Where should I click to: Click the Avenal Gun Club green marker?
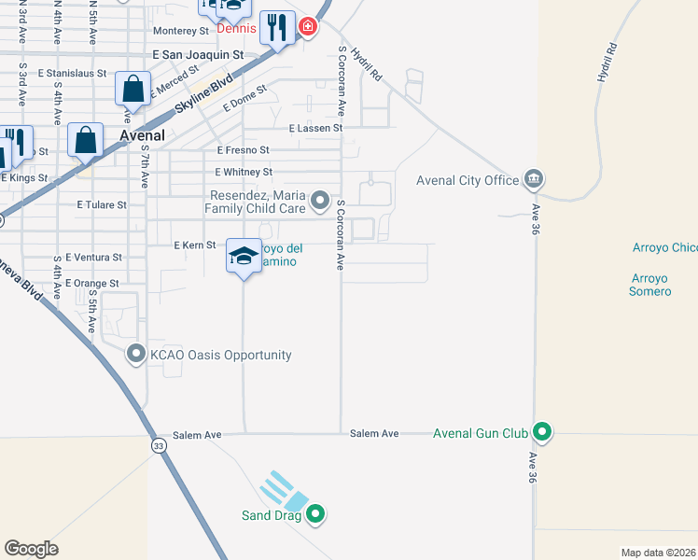coord(541,432)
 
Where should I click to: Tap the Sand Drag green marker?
coord(315,513)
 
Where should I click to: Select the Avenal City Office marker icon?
coord(533,179)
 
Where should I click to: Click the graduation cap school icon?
coord(243,258)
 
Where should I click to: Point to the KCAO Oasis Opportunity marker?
coord(136,354)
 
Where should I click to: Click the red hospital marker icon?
coord(308,26)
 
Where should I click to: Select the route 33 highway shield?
coord(160,447)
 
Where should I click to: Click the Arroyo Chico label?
coord(664,247)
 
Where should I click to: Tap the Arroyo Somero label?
coord(650,285)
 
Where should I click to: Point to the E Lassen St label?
coord(316,128)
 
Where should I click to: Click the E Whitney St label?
coord(244,173)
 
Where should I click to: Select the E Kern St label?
coord(195,245)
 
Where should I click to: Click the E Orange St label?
coord(93,283)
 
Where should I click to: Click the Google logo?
coord(31,549)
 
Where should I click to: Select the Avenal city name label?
coord(143,135)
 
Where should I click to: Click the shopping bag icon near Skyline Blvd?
coord(133,91)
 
